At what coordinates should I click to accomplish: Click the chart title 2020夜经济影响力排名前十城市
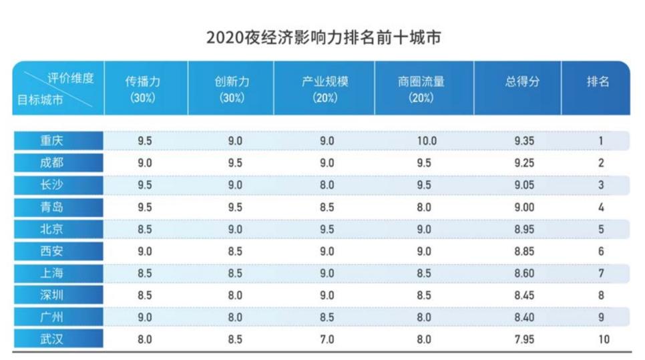[x=323, y=37]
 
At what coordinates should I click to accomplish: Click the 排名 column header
[x=598, y=82]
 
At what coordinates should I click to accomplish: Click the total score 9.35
[x=524, y=141]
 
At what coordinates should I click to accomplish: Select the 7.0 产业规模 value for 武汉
[x=327, y=339]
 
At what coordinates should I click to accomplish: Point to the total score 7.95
[x=524, y=339]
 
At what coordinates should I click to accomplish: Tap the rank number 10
[x=604, y=339]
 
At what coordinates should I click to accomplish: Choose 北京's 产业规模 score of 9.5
[x=327, y=229]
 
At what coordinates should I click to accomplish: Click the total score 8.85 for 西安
[x=524, y=251]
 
